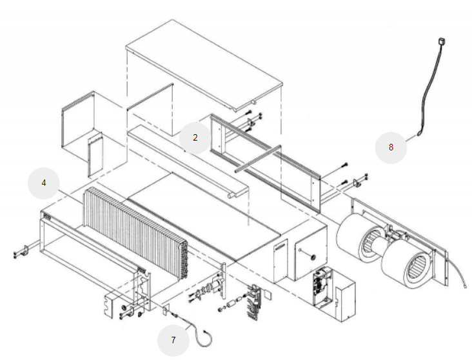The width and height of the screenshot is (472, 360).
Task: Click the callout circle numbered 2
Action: tap(195, 138)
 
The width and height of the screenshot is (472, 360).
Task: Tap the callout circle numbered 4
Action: tap(44, 183)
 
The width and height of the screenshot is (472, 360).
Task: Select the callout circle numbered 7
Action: tap(173, 341)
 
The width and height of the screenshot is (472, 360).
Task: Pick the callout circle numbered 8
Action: tap(391, 148)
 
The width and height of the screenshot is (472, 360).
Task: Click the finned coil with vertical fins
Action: tap(135, 232)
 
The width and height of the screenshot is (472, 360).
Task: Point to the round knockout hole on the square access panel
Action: tap(313, 257)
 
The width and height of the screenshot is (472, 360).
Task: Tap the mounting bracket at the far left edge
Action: tap(22, 250)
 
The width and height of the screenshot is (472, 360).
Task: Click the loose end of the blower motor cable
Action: tap(466, 287)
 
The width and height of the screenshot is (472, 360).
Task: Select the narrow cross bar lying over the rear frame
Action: tap(258, 159)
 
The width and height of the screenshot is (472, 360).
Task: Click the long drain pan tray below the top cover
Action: tap(188, 161)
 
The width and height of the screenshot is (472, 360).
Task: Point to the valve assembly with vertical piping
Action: tap(254, 301)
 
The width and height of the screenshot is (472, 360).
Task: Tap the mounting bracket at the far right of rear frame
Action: tap(359, 182)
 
